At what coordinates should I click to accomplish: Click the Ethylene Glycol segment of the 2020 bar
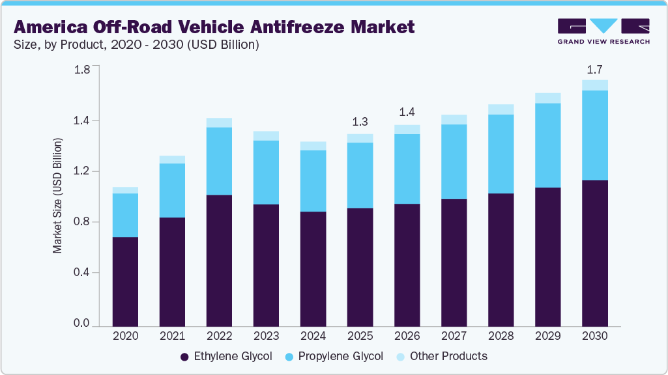click(x=125, y=281)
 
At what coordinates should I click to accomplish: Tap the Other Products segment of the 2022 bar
click(x=219, y=122)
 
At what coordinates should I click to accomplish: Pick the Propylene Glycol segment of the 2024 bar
click(x=313, y=181)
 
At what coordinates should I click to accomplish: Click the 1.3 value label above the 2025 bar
click(x=360, y=122)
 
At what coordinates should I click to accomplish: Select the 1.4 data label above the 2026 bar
click(x=407, y=113)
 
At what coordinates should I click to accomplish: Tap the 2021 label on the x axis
click(x=172, y=337)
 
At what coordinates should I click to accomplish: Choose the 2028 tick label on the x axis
click(x=501, y=337)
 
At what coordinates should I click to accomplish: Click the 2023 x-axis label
click(x=266, y=337)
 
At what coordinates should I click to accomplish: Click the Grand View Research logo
click(x=603, y=31)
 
